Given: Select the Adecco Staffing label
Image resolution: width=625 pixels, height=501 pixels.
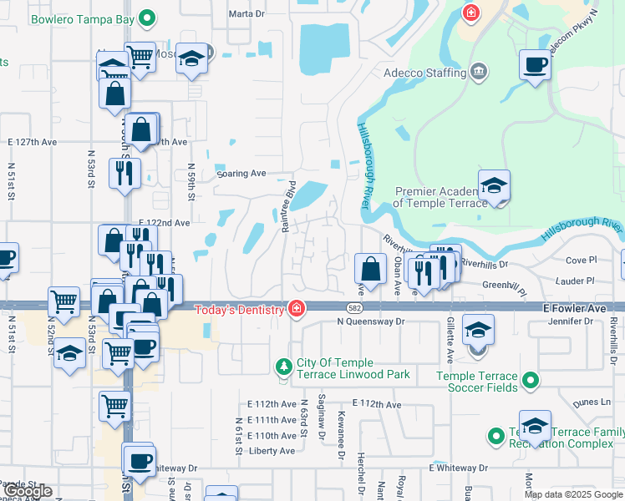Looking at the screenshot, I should coord(424,73).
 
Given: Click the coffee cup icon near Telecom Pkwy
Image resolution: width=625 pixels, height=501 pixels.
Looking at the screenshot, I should coord(535,63).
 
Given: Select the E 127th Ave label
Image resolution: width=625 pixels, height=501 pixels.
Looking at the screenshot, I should coord(32,143).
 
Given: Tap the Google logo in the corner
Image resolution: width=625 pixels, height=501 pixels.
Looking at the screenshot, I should coord(28,491).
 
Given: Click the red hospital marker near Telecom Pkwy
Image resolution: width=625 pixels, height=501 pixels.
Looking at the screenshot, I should coord(471,13).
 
